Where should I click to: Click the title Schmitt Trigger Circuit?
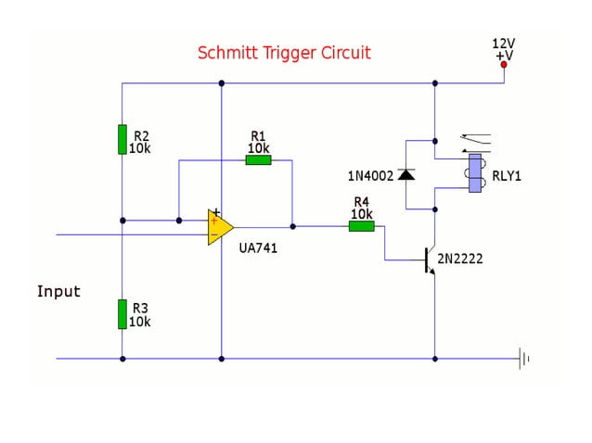284,53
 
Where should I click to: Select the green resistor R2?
122,139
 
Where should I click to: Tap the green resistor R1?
258,159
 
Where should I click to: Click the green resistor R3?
122,313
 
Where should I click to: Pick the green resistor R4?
361,225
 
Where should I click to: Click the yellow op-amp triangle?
220,226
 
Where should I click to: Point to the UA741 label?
258,248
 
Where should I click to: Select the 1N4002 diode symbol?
405,174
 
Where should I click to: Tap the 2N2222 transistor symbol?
429,260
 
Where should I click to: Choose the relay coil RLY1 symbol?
474,173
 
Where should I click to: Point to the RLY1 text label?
507,174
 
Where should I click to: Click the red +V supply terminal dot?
504,65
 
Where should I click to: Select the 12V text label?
504,44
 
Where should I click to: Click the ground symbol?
525,358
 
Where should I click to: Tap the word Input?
58,291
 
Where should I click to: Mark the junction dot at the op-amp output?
292,225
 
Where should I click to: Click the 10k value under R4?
361,214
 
